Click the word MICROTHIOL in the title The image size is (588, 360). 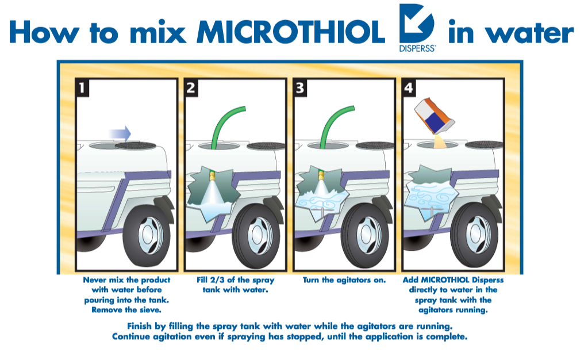290,33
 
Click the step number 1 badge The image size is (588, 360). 84,87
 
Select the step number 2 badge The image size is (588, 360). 192,87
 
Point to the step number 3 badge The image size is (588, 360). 300,87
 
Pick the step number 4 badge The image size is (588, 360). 409,87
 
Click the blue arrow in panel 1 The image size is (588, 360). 120,133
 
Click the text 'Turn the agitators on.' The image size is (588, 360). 344,280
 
